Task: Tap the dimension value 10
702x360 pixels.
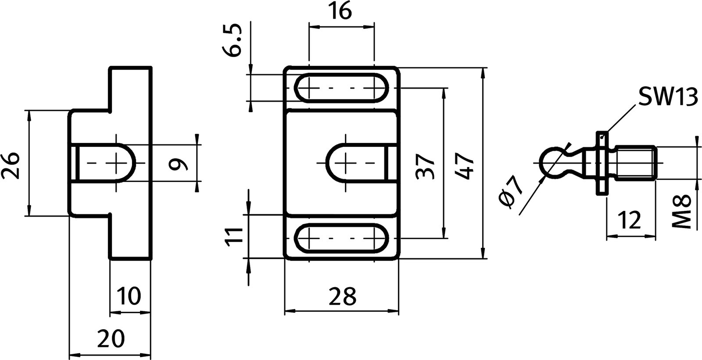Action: pos(130,296)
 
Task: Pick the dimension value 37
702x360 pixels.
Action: pos(425,165)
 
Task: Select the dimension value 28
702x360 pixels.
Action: pos(342,297)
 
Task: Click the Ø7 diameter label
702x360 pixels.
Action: pos(511,192)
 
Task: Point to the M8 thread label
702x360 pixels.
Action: pos(681,212)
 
